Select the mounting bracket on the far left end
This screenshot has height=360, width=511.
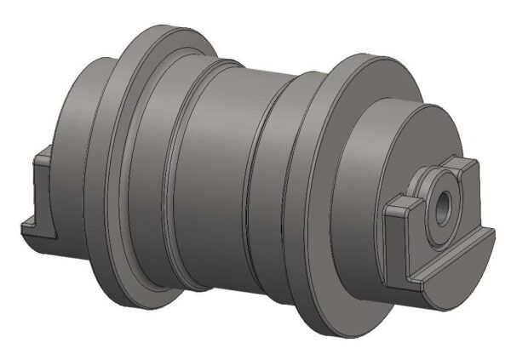[x=38, y=191]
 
